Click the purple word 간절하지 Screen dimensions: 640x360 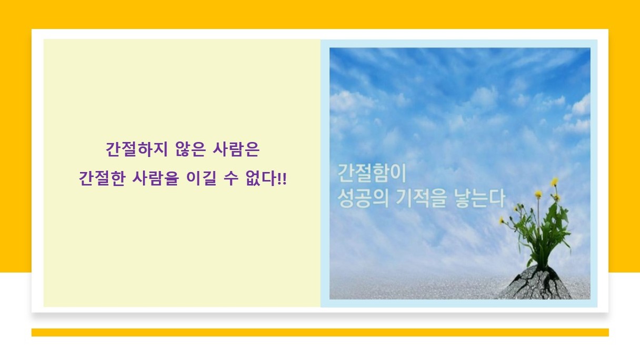point(136,149)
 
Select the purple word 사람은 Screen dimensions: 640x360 point(236,149)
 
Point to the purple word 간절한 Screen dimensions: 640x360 point(102,178)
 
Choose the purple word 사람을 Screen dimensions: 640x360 point(156,178)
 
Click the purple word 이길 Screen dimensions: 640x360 point(201,178)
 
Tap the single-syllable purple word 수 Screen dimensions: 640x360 point(231,178)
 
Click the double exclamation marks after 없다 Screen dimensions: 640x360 point(282,179)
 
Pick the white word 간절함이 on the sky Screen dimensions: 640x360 point(372,173)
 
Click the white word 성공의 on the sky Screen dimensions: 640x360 point(363,198)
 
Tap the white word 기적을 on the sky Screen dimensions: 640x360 point(421,198)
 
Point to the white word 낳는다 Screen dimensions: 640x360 point(479,198)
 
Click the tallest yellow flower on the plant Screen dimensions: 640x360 point(554,182)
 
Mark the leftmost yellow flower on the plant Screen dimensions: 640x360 point(502,221)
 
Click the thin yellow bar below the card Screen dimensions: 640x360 point(320,332)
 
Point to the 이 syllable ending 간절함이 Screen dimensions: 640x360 point(399,173)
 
